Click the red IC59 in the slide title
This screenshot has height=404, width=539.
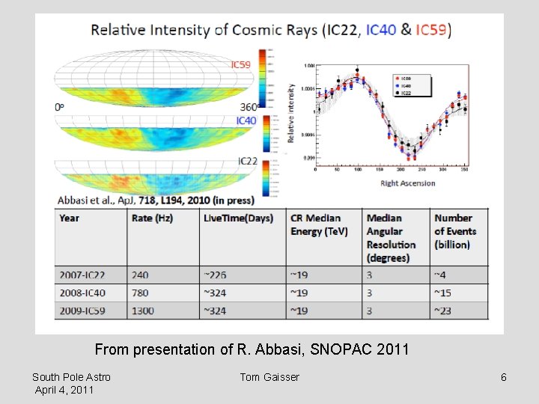click(432, 30)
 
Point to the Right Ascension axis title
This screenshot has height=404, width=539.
click(408, 183)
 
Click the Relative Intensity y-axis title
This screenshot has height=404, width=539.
click(291, 113)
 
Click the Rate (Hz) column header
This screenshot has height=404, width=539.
click(153, 218)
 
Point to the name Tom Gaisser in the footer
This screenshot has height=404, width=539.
click(269, 377)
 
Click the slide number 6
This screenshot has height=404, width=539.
click(504, 377)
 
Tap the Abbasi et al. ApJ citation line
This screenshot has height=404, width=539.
click(156, 200)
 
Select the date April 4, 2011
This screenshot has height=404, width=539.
click(64, 390)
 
